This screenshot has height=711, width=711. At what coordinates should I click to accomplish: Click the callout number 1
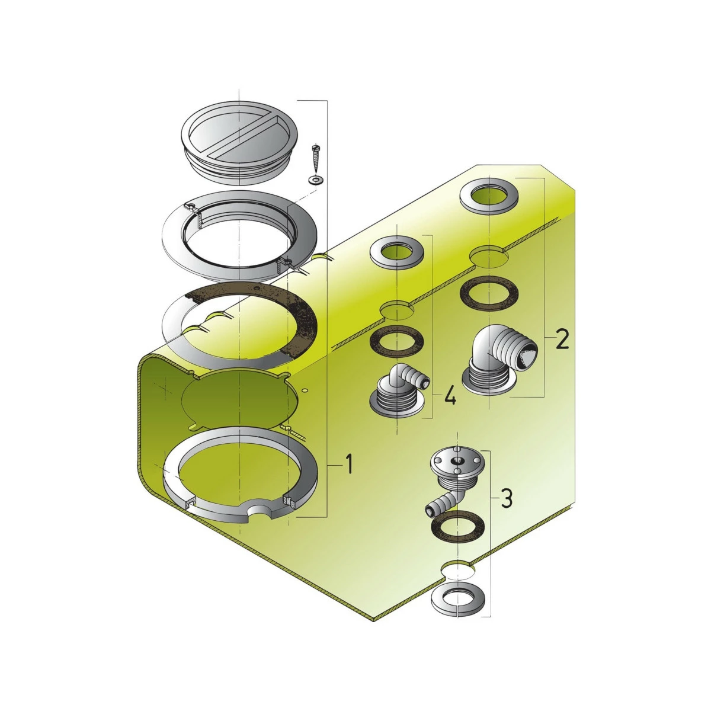[x=348, y=465]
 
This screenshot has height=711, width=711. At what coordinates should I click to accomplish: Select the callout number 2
[x=562, y=340]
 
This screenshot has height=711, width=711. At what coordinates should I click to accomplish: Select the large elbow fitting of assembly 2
[x=499, y=363]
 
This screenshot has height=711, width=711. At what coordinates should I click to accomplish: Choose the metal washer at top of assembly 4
[x=397, y=251]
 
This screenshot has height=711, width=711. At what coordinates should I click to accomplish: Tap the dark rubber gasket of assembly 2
[x=489, y=294]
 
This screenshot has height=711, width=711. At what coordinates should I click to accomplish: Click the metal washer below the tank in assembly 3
[x=459, y=600]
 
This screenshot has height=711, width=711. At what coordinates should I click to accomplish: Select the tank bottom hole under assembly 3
[x=457, y=571]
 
